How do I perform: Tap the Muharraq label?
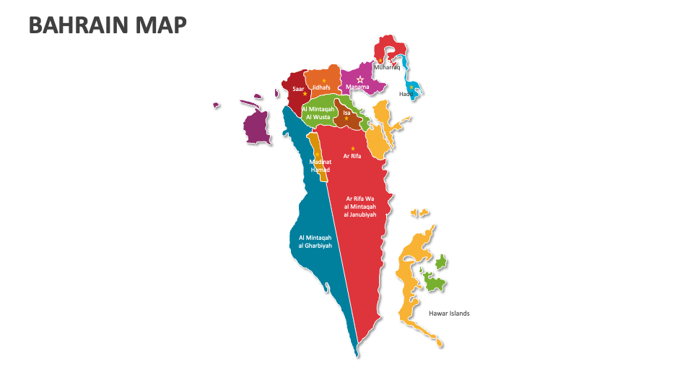click(386, 67)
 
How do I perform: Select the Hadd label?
click(406, 94)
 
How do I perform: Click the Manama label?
click(357, 87)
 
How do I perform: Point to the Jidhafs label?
click(321, 87)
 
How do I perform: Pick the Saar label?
click(297, 89)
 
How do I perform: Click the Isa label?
click(346, 113)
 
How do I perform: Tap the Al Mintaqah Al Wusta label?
click(318, 112)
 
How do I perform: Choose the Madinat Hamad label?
click(320, 165)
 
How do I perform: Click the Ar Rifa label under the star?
click(352, 156)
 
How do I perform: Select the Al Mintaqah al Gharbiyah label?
click(315, 241)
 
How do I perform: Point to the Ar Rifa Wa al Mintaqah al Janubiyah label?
click(360, 207)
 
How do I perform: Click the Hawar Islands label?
click(449, 313)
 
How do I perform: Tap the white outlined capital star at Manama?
click(360, 79)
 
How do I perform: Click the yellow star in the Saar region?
click(305, 95)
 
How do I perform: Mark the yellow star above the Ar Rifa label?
click(353, 148)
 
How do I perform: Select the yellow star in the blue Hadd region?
click(411, 87)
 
